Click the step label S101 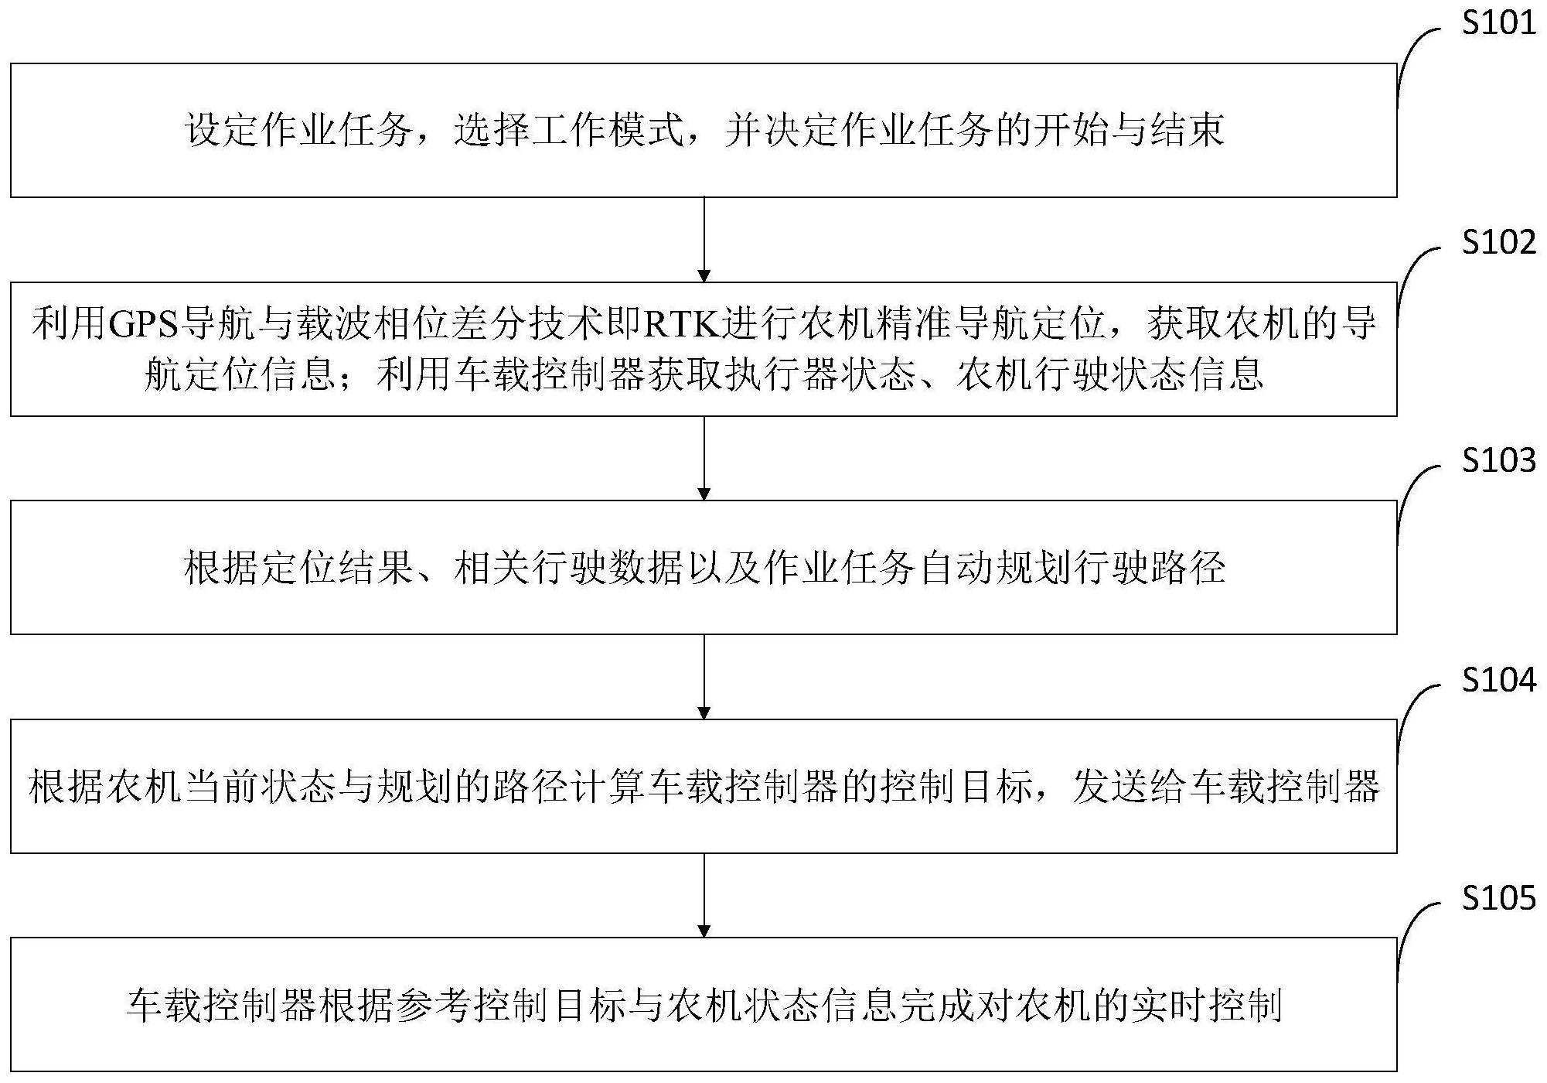tap(1498, 23)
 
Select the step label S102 tap(1498, 242)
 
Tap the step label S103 tap(1498, 460)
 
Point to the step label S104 tap(1498, 679)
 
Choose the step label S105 tap(1498, 897)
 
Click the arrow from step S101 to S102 tap(704, 240)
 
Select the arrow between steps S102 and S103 tap(704, 459)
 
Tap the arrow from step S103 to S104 tap(704, 677)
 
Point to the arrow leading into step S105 tap(704, 896)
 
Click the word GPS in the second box tap(143, 325)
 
